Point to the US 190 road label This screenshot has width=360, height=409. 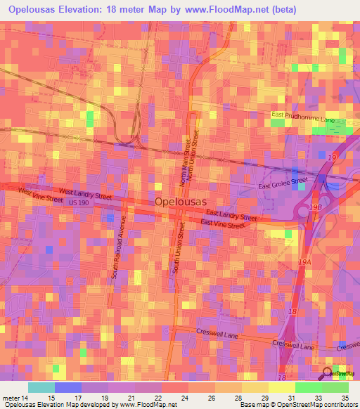tap(79, 202)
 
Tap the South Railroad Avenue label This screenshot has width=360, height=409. tap(117, 251)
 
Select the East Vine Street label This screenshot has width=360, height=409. tap(223, 223)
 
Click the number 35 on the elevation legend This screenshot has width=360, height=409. tap(344, 397)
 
